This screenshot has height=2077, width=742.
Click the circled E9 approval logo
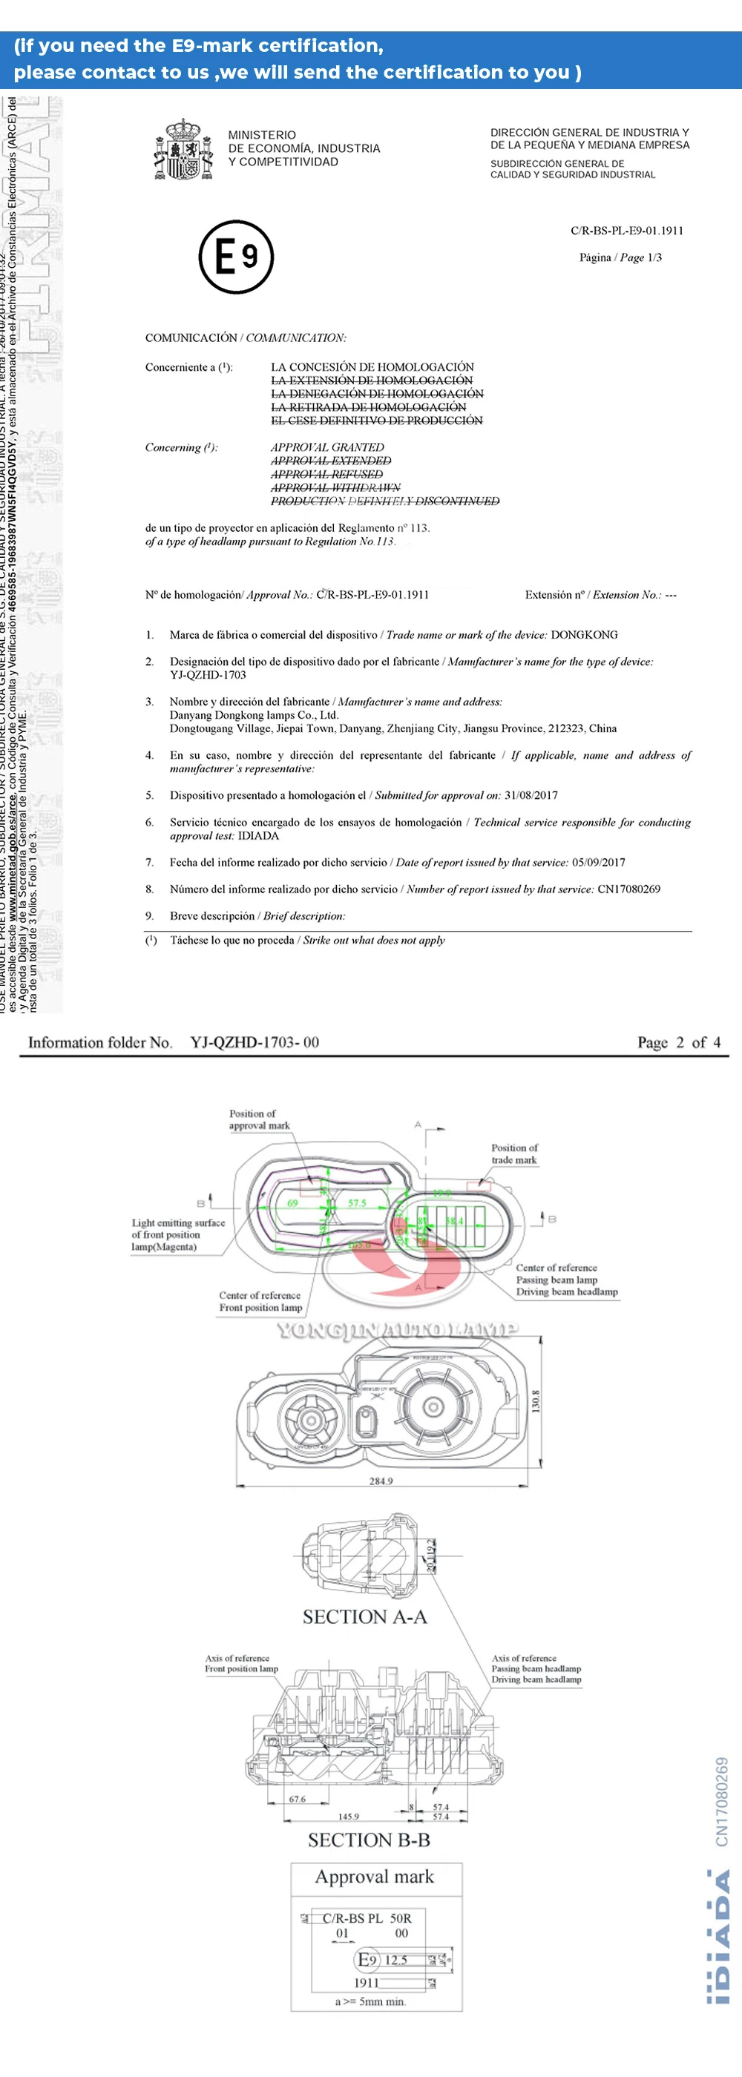click(236, 257)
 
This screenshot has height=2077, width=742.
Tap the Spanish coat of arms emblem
click(183, 149)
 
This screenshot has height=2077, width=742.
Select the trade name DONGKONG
click(584, 634)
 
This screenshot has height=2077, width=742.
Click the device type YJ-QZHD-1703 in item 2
click(207, 675)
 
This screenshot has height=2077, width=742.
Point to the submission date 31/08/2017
click(531, 795)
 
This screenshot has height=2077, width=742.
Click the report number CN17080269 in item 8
click(628, 889)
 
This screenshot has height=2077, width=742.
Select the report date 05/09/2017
click(597, 862)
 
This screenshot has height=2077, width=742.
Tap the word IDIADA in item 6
click(258, 835)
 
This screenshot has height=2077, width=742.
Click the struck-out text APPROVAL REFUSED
click(326, 474)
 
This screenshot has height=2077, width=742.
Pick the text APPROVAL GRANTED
click(327, 447)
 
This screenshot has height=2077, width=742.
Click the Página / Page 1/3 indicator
click(620, 257)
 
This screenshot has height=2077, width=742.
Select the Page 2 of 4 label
click(678, 1041)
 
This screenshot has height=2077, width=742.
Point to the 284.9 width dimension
click(381, 1481)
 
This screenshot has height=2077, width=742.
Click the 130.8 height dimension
click(536, 1400)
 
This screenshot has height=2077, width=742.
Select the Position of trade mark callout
click(514, 1153)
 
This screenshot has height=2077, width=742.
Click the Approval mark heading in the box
click(374, 1876)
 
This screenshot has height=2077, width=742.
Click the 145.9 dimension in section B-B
click(349, 1817)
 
